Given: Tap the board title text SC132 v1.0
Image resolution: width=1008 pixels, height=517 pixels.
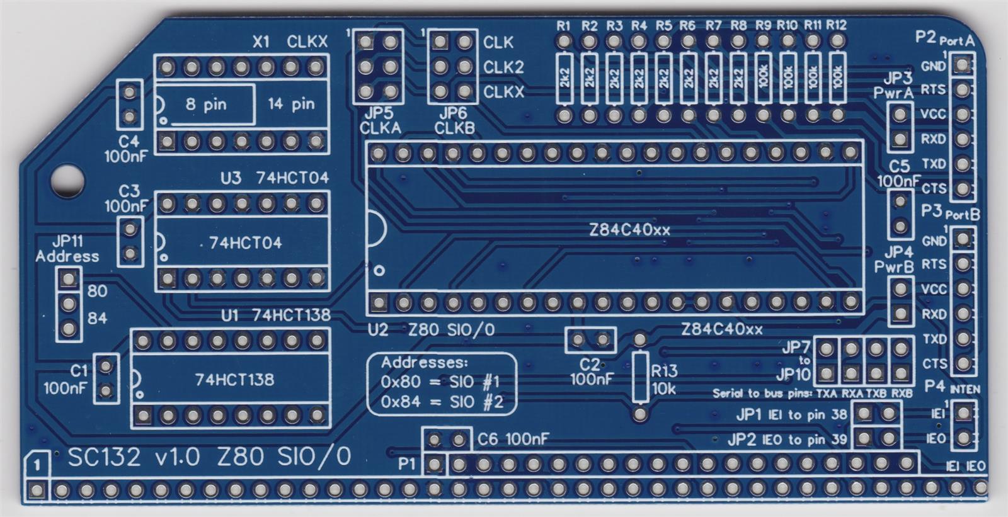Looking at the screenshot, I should (134, 457).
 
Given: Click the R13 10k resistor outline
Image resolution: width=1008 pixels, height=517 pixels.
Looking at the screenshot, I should (640, 377).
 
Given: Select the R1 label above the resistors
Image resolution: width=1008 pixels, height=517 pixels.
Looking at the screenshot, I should (563, 26).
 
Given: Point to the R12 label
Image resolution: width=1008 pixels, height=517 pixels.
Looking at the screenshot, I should (836, 25).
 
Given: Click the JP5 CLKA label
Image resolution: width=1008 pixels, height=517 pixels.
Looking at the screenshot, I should (380, 121).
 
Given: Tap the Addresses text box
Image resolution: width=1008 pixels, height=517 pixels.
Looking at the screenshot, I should (442, 383).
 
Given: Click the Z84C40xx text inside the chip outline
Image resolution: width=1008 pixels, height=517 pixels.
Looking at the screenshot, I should (629, 230).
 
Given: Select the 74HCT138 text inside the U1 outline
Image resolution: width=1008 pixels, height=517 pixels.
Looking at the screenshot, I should (234, 380).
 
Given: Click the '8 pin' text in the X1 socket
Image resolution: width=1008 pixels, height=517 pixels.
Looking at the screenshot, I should (206, 104).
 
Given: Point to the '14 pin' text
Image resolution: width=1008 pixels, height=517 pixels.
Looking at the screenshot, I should (291, 104).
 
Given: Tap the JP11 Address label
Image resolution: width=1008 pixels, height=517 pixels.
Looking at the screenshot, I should (67, 249).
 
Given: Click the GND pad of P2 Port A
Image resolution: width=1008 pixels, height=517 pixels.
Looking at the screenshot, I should (961, 64).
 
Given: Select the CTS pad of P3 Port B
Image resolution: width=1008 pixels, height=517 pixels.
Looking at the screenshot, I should (962, 363).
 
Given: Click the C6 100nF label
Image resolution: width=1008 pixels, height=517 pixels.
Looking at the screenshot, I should (513, 439).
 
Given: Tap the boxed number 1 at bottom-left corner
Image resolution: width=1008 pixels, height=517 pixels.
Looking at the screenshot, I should (38, 465).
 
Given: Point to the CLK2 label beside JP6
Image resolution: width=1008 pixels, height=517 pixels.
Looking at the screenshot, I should (503, 67).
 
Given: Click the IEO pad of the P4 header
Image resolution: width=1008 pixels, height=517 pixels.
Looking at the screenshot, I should (962, 438).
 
